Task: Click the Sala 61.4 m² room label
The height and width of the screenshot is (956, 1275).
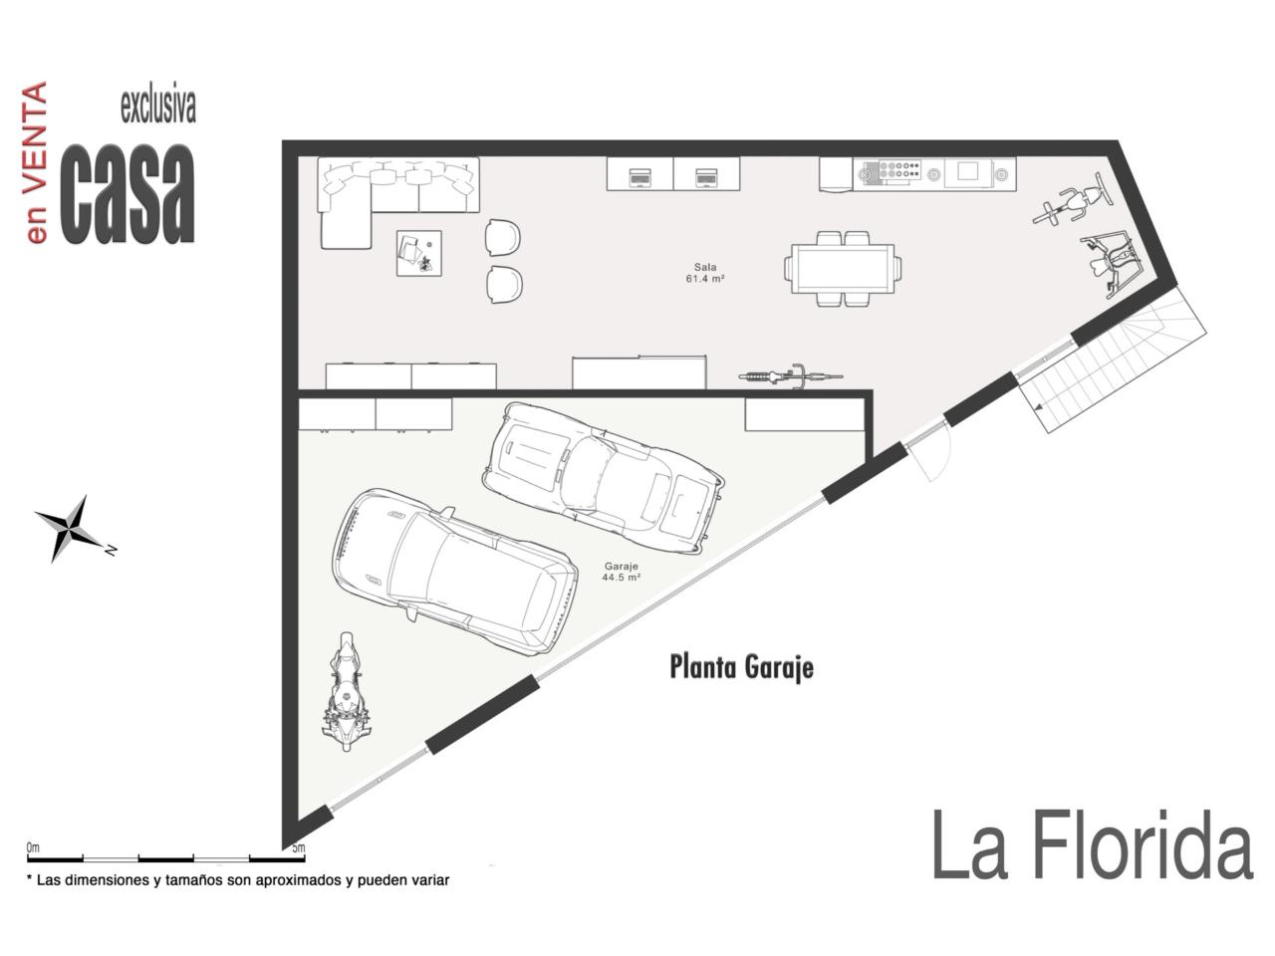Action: coord(704,273)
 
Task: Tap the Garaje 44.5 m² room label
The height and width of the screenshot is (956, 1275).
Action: coord(621,572)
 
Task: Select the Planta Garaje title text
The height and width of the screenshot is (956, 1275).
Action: coord(741,667)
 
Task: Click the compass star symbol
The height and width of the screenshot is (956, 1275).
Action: coord(69,528)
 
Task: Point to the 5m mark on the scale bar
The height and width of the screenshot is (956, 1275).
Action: coord(299,848)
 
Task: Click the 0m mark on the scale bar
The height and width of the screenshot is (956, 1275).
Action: coord(33,848)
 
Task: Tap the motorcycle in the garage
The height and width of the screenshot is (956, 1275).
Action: coord(346,691)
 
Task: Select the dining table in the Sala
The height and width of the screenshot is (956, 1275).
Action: coord(843,269)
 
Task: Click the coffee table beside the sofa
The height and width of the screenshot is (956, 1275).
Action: coord(418,253)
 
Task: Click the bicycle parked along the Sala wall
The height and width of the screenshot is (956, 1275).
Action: coord(791,375)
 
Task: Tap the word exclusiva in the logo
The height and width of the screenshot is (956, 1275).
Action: coord(158,106)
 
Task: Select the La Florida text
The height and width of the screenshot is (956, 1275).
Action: coord(1092,845)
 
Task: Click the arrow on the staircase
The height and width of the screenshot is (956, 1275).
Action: coord(1039,409)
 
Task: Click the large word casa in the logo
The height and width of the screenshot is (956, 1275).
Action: coord(127,193)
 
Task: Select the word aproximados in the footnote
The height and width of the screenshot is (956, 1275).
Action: coord(298,880)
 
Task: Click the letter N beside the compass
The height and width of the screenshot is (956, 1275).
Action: coord(111,550)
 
